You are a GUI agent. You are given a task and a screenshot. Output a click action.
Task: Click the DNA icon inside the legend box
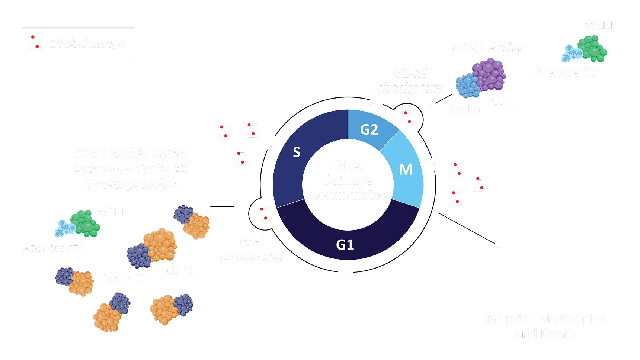(35, 43)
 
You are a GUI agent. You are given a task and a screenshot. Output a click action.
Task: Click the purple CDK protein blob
(489, 75)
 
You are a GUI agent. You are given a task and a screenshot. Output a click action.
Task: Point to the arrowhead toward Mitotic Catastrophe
(498, 244)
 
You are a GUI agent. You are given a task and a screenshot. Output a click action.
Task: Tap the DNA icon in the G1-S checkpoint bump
(263, 215)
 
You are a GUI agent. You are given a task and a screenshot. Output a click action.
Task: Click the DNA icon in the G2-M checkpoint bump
(407, 118)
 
